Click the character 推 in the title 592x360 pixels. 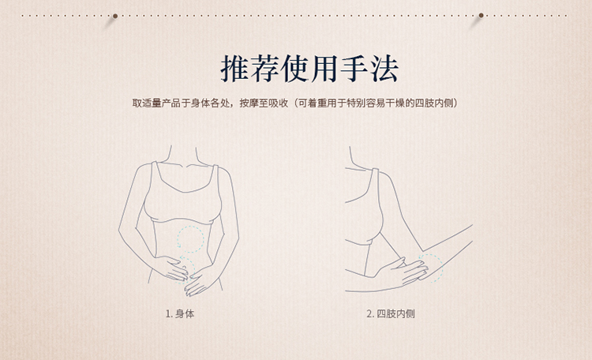pyautogui.click(x=235, y=69)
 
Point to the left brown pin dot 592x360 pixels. pyautogui.click(x=115, y=15)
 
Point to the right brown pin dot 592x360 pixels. pyautogui.click(x=481, y=15)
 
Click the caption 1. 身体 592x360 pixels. pyautogui.click(x=180, y=313)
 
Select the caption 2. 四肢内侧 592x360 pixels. pyautogui.click(x=391, y=313)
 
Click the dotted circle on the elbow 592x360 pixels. pyautogui.click(x=430, y=268)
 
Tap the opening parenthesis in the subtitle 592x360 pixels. pyautogui.click(x=293, y=103)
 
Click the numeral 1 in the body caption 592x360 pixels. pyautogui.click(x=167, y=313)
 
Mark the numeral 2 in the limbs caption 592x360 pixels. pyautogui.click(x=369, y=313)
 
